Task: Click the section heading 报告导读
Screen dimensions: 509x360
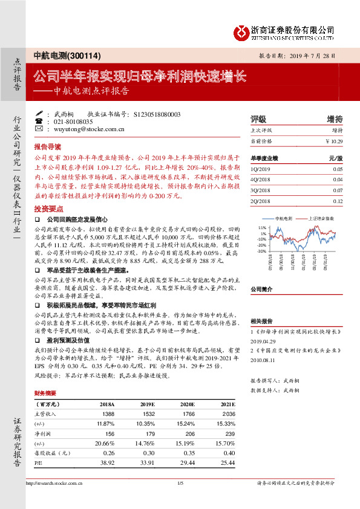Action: click(x=48, y=146)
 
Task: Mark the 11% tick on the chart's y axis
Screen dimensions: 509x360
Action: click(x=263, y=227)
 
